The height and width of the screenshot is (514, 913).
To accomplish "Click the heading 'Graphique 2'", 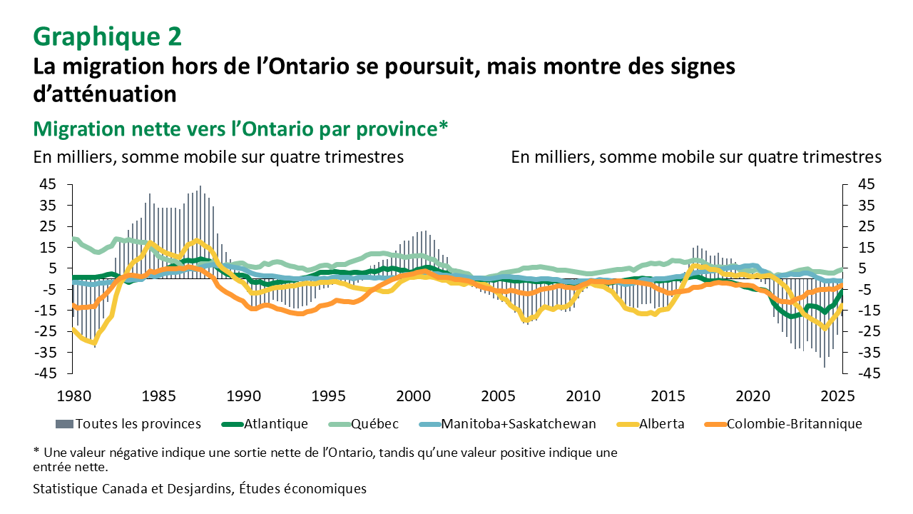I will [108, 35].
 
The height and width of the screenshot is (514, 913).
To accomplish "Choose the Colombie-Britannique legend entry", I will [794, 424].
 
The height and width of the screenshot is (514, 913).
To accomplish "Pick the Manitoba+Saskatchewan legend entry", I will [519, 424].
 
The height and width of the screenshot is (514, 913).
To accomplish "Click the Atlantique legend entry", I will [275, 424].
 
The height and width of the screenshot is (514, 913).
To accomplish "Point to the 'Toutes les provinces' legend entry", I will [138, 424].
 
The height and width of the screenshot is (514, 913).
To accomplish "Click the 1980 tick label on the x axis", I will [73, 395].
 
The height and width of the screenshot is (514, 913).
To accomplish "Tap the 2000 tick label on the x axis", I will [413, 395].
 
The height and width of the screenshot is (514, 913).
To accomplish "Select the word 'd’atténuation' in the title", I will [104, 94].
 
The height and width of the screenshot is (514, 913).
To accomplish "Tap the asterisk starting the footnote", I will [36, 451].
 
